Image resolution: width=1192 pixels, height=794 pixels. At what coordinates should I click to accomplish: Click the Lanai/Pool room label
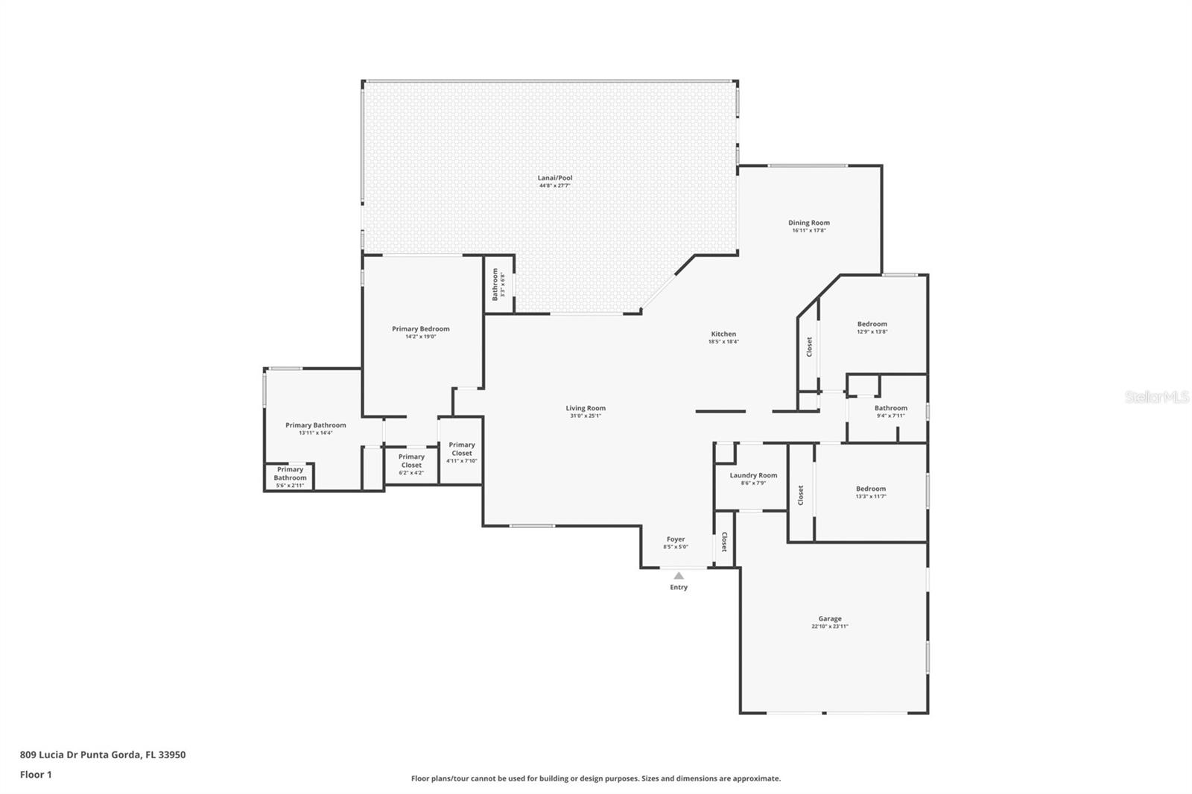point(555,178)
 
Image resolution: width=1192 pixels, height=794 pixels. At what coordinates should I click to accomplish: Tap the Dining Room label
point(809,223)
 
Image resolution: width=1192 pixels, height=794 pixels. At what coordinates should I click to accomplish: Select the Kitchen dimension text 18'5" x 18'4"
point(723,342)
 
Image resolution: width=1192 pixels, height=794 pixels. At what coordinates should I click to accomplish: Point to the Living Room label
point(586,408)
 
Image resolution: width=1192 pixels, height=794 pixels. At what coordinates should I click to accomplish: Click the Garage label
point(830,619)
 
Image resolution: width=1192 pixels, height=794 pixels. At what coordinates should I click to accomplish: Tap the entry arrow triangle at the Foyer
point(679,576)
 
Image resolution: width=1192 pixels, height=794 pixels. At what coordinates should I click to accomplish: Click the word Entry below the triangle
point(679,588)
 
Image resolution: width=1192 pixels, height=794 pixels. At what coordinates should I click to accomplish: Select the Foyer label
point(676,539)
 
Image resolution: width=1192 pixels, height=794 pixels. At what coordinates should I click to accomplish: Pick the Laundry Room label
point(753,475)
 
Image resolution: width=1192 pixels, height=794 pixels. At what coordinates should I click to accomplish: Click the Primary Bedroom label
point(421,328)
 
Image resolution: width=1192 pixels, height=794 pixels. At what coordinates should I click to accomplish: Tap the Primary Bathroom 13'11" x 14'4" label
point(315,428)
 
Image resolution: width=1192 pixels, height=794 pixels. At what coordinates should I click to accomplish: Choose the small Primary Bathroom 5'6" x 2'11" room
point(290,477)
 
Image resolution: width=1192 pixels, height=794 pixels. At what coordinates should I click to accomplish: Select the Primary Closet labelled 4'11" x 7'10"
point(461,452)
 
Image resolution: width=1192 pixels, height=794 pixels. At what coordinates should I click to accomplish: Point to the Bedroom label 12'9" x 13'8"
point(872,327)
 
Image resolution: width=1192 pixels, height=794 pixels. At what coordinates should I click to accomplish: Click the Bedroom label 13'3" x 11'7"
point(870,492)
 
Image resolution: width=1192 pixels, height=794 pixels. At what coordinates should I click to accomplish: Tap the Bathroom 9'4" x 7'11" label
point(890,411)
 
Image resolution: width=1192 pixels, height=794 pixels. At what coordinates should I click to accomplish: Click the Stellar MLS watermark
point(1156,398)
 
